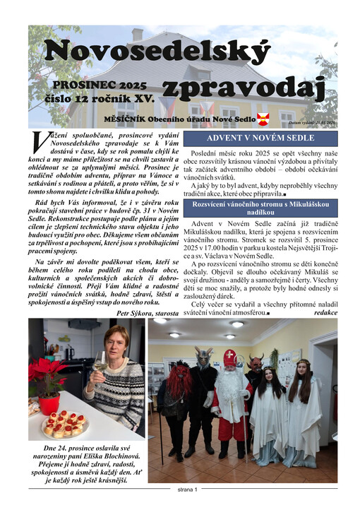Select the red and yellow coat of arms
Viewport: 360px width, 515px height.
(x=263, y=119)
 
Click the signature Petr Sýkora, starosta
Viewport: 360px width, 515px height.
(x=148, y=312)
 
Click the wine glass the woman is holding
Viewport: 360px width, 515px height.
(x=100, y=363)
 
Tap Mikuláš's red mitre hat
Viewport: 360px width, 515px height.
(x=229, y=357)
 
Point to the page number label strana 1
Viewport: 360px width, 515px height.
(x=186, y=488)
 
